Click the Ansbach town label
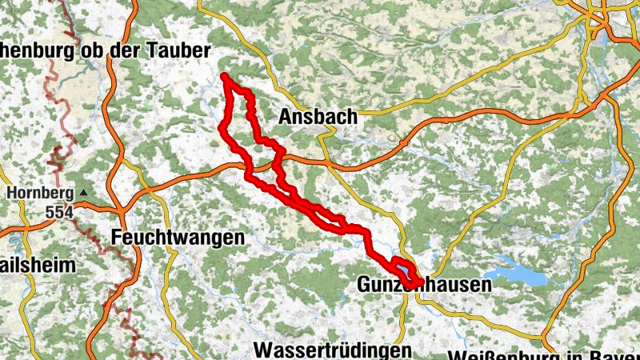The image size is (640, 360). [x=318, y=117]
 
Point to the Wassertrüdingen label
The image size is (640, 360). [x=333, y=350]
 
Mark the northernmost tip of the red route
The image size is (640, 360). [x=226, y=76]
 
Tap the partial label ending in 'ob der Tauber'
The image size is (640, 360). [x=105, y=50]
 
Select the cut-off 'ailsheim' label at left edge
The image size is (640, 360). [x=37, y=265]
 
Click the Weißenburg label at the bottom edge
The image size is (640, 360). [x=544, y=354]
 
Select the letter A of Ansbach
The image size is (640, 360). [x=286, y=117]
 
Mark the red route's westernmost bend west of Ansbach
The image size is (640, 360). [x=222, y=126]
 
